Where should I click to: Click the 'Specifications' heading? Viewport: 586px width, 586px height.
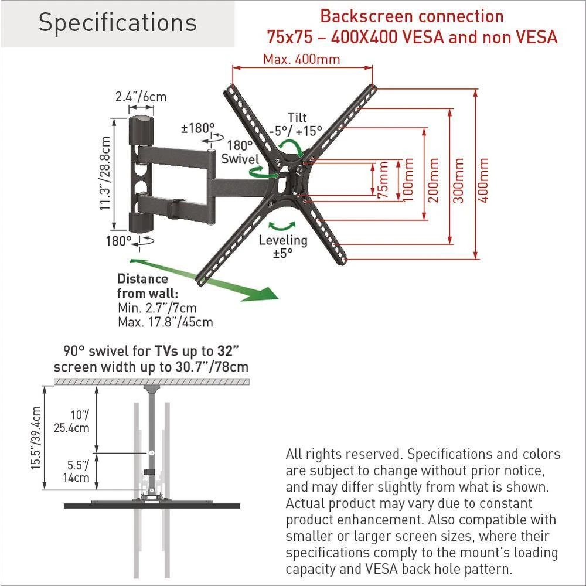pos(117,23)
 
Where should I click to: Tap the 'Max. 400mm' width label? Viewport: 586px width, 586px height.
pos(301,59)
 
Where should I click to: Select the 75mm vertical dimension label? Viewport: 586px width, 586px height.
pos(383,179)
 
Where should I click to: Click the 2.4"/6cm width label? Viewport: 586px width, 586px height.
pos(141,97)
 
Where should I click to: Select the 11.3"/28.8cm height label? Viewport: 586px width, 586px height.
pos(105,174)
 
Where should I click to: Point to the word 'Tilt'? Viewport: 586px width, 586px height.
pos(297,117)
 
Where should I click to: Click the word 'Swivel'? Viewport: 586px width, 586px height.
pos(240,159)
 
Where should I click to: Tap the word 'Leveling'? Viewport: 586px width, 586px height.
pos(282,240)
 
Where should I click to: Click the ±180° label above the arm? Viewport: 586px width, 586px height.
pos(197,127)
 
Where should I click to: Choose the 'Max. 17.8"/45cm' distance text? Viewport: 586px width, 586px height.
pos(165,322)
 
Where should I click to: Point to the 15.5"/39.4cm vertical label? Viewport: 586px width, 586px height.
pos(36,438)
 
